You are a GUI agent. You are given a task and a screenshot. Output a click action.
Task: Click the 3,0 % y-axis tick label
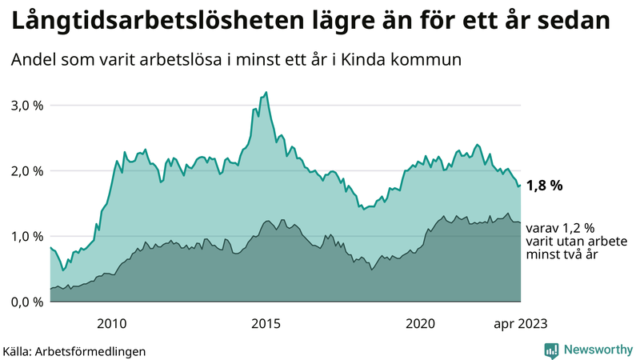tap(26, 106)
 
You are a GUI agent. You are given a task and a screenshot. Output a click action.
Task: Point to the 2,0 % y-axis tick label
tap(26, 171)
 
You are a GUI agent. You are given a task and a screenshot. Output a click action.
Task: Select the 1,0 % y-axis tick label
tap(26, 237)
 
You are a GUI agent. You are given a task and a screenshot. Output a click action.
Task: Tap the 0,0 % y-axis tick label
tap(26, 302)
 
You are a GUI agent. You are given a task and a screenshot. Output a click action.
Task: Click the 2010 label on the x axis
tap(111, 323)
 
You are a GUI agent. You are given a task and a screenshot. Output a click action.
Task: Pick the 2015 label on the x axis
tap(266, 323)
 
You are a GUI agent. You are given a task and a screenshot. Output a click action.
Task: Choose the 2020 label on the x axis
tap(420, 323)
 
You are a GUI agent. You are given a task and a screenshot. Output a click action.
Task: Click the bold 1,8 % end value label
tap(544, 186)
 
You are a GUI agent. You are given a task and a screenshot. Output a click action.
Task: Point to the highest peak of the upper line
tap(266, 93)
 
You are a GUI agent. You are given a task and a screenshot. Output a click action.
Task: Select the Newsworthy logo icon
tap(551, 350)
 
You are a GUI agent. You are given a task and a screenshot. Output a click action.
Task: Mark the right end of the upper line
tap(521, 185)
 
